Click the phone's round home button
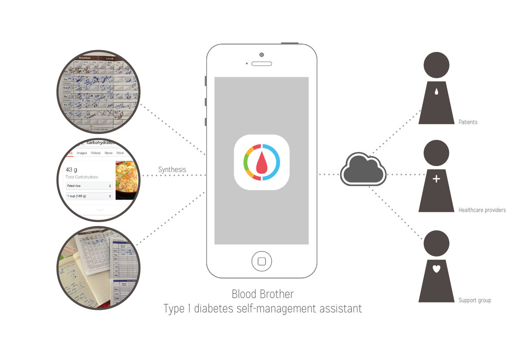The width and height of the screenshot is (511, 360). [x=262, y=261]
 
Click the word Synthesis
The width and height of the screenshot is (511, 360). [x=172, y=170]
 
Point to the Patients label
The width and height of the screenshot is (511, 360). [x=468, y=122]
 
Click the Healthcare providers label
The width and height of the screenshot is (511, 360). [x=482, y=210]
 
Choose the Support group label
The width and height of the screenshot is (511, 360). [x=474, y=300]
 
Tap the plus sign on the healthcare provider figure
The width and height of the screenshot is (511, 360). [x=436, y=179]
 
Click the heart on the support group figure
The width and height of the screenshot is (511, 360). [x=436, y=269]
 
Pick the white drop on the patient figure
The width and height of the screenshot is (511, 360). [x=436, y=92]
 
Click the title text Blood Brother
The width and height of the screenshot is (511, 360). [x=262, y=294]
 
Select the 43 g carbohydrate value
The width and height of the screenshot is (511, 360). [x=72, y=170]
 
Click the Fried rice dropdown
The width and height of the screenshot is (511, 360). [x=89, y=186]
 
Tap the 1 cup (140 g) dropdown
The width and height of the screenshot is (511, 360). [x=89, y=196]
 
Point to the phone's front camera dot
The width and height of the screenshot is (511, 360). [x=261, y=54]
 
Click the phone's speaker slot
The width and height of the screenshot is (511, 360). [x=262, y=64]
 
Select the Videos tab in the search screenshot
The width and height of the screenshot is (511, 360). [x=95, y=153]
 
